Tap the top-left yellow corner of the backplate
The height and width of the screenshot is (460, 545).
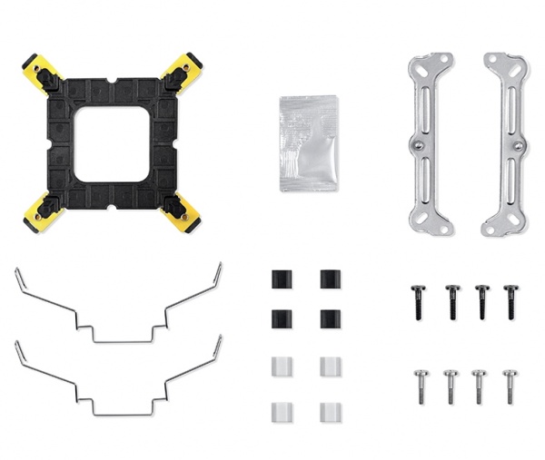(x=35, y=70)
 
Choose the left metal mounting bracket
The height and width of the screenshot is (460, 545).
(x=430, y=143)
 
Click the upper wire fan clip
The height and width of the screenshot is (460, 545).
(x=118, y=304)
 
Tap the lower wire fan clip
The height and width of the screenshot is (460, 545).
(x=118, y=377)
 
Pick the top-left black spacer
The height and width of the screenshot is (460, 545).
(x=281, y=279)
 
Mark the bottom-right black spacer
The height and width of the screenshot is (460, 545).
(x=331, y=318)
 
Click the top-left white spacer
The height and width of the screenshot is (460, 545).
(x=281, y=366)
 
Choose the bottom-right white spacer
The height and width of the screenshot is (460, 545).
(x=331, y=412)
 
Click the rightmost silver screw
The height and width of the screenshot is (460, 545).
(x=510, y=385)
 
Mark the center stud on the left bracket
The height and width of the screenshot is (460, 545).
(x=418, y=145)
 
